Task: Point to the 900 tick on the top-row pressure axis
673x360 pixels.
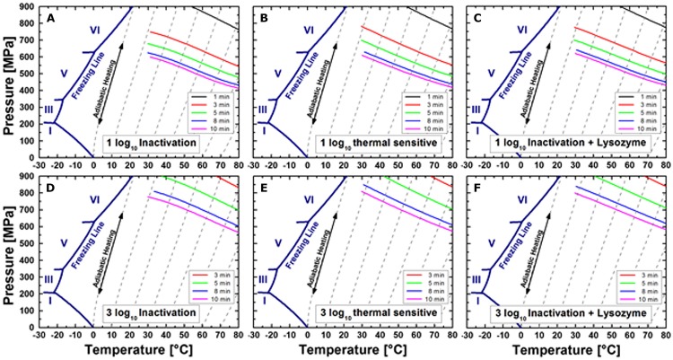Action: pyautogui.click(x=26, y=7)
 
